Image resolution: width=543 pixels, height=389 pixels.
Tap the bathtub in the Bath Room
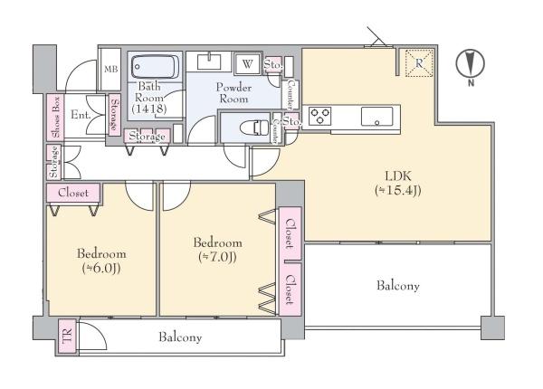coord(155,66)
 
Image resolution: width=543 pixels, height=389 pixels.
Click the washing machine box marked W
coord(247,63)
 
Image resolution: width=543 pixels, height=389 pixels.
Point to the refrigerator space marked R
coord(419,63)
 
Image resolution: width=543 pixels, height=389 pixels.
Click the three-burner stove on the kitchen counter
coord(320,117)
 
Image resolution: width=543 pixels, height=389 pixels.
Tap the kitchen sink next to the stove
coord(376,117)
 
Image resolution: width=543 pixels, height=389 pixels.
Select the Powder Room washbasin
coord(209,62)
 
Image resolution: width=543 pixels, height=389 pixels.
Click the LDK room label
coord(398,183)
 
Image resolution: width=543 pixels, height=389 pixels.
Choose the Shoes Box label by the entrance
coord(55,118)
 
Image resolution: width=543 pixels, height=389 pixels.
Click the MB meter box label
coord(111,70)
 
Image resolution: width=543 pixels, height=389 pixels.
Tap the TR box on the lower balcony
coord(67,336)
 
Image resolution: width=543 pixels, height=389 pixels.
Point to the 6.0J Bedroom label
coord(101,261)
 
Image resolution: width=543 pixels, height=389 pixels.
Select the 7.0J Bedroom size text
coord(217,257)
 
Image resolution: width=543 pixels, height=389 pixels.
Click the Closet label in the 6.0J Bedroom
coord(73,193)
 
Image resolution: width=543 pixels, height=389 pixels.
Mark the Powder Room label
coord(233,93)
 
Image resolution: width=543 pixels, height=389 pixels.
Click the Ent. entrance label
coord(81,115)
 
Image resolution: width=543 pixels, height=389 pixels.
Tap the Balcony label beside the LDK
coord(398,286)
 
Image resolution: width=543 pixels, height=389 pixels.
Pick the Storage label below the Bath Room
coord(147,137)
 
